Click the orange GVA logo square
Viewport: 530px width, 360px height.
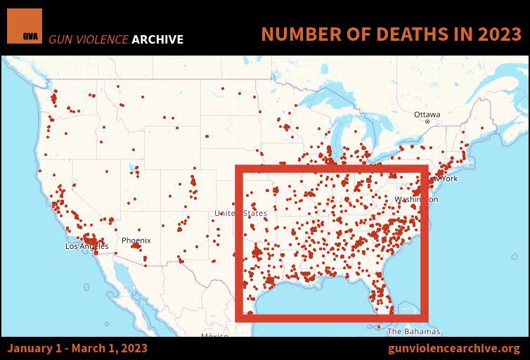pos(25,27)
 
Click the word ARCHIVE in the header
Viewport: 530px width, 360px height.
pos(156,39)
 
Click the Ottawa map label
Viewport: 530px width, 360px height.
pos(427,114)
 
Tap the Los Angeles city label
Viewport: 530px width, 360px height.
pos(86,246)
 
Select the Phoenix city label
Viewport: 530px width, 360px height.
pos(136,240)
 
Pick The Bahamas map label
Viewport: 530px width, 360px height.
pos(413,331)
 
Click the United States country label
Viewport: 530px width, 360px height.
pos(241,213)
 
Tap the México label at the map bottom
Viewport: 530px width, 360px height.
pos(215,336)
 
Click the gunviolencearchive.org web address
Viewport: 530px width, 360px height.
pos(453,349)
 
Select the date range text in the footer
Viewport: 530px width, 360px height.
pos(78,349)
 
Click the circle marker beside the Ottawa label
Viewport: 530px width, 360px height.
pos(427,122)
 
